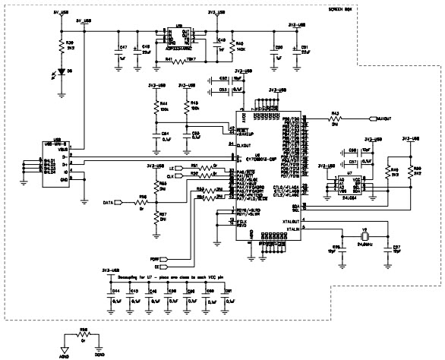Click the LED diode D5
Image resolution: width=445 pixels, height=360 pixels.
[x=60, y=71]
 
